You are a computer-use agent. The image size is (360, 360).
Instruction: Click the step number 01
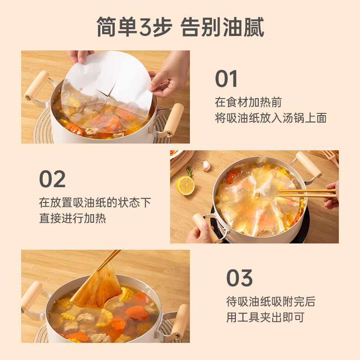(x=226, y=78)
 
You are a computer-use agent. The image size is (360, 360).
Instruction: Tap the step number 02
(x=52, y=179)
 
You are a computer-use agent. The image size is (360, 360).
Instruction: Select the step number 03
(x=239, y=278)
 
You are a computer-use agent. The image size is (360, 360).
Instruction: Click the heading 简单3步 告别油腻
(x=180, y=27)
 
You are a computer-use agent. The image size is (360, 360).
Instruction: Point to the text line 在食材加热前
(x=248, y=102)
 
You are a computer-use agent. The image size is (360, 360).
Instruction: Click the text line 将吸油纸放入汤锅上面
(x=271, y=118)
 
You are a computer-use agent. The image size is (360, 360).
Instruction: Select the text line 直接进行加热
(x=72, y=218)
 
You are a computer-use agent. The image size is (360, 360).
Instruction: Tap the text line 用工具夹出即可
(x=265, y=317)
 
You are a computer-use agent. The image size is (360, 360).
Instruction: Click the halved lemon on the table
(x=185, y=185)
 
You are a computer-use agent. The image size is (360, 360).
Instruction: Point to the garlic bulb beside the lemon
(x=206, y=166)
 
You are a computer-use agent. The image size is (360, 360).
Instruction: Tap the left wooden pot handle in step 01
(x=37, y=85)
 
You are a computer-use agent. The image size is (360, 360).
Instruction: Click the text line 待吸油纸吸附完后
(x=271, y=301)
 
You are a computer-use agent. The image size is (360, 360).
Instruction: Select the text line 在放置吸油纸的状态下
(x=95, y=202)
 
